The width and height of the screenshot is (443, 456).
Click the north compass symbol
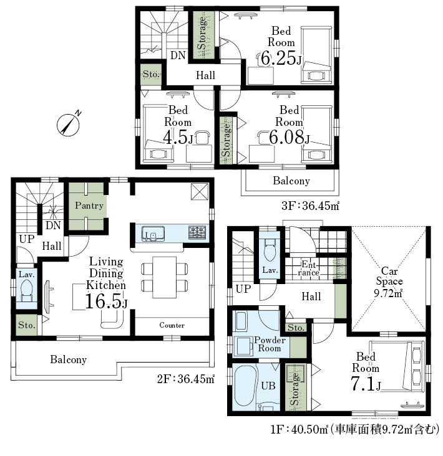coord(69,125)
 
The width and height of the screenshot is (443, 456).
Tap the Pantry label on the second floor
coord(89,206)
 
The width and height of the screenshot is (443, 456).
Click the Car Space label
coord(389,276)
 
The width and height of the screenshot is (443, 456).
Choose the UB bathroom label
coord(268,386)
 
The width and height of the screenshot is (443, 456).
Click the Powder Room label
coord(270,344)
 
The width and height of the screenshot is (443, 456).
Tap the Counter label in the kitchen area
coord(172,325)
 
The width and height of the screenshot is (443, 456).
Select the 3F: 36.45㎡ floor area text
coord(311,206)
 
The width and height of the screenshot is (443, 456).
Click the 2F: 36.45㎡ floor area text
coord(186,379)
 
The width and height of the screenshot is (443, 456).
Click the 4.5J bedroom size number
coord(178,137)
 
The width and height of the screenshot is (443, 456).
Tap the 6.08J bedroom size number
coord(290,137)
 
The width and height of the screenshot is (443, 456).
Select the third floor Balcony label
coord(291,181)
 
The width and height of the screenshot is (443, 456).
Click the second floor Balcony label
coord(69,359)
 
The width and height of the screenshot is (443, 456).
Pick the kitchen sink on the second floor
coord(153,234)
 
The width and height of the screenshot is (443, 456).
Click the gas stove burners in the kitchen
coord(197,232)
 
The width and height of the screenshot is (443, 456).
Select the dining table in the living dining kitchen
coord(164,277)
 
